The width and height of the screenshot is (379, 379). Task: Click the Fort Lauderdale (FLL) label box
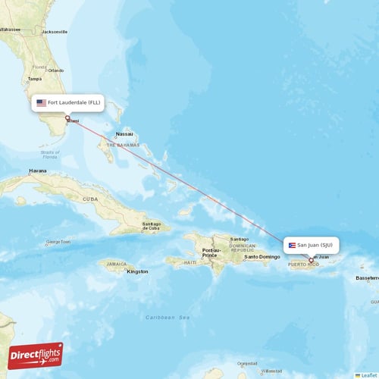click(x=67, y=102)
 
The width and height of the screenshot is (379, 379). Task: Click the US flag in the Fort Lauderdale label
click(x=41, y=102)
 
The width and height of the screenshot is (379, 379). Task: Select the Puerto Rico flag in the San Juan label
click(x=292, y=245)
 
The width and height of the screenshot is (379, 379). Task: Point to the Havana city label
click(x=37, y=171)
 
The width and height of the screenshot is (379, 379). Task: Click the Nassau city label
click(x=124, y=134)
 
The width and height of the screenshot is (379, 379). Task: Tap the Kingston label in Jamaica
click(x=137, y=271)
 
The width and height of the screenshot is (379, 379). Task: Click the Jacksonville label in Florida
click(x=55, y=32)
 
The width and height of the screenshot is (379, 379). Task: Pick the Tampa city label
click(x=34, y=78)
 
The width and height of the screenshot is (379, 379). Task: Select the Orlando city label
click(x=55, y=70)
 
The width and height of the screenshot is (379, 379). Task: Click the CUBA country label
click(x=90, y=199)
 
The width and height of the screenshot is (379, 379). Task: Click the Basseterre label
click(x=367, y=277)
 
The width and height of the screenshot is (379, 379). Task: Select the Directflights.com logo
click(x=36, y=355)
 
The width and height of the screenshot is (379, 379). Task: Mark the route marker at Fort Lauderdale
click(x=67, y=117)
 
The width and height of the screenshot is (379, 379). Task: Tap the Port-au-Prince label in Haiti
click(x=210, y=252)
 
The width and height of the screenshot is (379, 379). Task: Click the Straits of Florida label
click(x=50, y=155)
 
